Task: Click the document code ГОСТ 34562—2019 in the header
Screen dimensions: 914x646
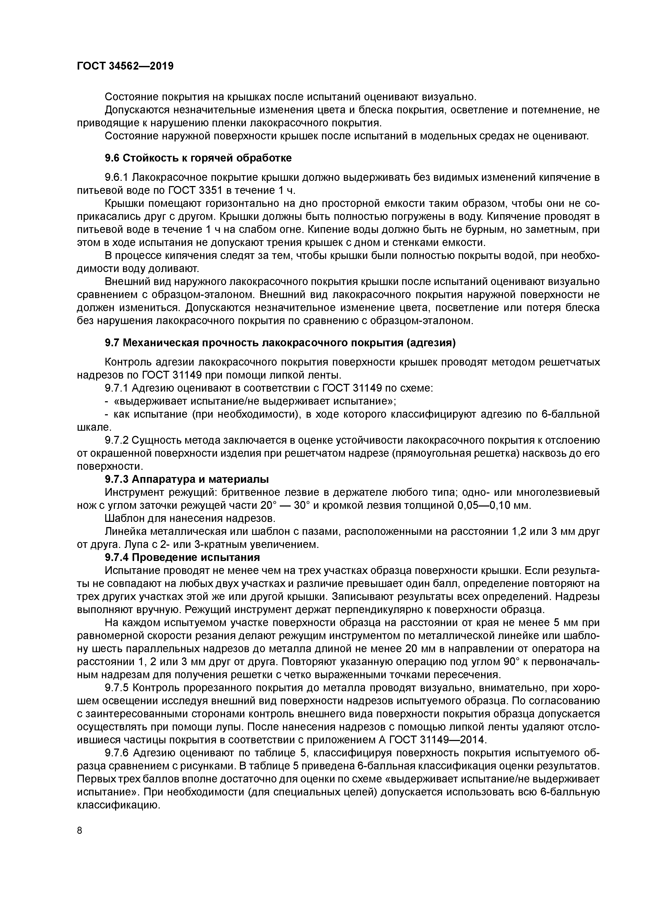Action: coord(125,66)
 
